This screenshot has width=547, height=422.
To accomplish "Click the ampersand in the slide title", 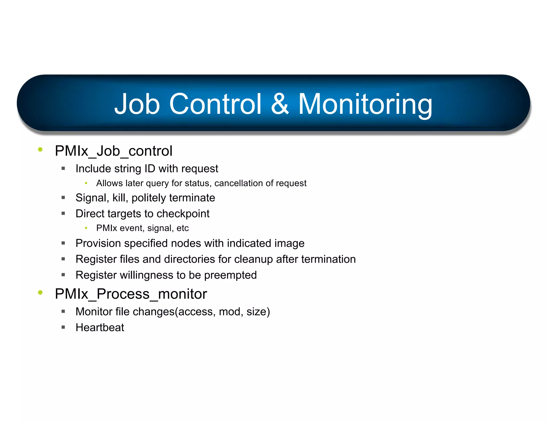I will click(x=280, y=104).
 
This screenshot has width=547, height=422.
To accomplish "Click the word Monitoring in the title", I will click(x=365, y=105).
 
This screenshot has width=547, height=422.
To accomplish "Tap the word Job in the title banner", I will click(x=137, y=104).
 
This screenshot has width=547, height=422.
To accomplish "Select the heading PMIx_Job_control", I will click(x=114, y=151).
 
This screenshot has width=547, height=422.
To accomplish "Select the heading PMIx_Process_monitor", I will click(x=131, y=294).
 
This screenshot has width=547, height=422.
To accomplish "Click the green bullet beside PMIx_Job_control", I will click(x=40, y=149).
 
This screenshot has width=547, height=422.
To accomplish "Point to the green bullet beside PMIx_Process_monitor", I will click(x=40, y=292).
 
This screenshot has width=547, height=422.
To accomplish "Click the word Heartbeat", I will click(x=100, y=328).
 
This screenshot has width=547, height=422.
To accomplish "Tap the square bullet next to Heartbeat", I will click(x=63, y=327).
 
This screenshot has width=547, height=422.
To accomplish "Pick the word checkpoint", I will click(x=183, y=214).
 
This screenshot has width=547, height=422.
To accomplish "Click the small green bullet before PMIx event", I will click(x=86, y=228).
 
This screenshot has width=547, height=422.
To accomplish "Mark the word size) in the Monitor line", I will click(x=258, y=312).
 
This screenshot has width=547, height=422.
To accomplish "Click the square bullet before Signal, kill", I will click(x=63, y=198).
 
